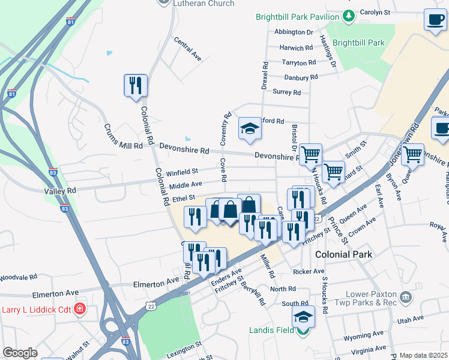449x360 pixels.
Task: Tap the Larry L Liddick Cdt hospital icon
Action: pyautogui.click(x=80, y=310)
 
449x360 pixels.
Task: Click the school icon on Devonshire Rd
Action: pyautogui.click(x=250, y=128)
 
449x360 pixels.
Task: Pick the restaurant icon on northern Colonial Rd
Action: pyautogui.click(x=135, y=85)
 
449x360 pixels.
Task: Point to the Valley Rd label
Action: pyautogui.click(x=61, y=190)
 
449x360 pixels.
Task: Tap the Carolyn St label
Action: pyautogui.click(x=375, y=12)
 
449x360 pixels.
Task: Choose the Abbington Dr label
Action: pyautogui.click(x=294, y=32)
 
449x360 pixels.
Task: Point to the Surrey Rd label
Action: pyautogui.click(x=286, y=92)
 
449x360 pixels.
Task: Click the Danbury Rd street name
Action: pyautogui.click(x=301, y=77)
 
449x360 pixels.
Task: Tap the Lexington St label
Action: pyautogui.click(x=181, y=349)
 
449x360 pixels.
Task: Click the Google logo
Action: pyautogui.click(x=20, y=353)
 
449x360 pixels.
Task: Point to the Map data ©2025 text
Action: pyautogui.click(x=423, y=355)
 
